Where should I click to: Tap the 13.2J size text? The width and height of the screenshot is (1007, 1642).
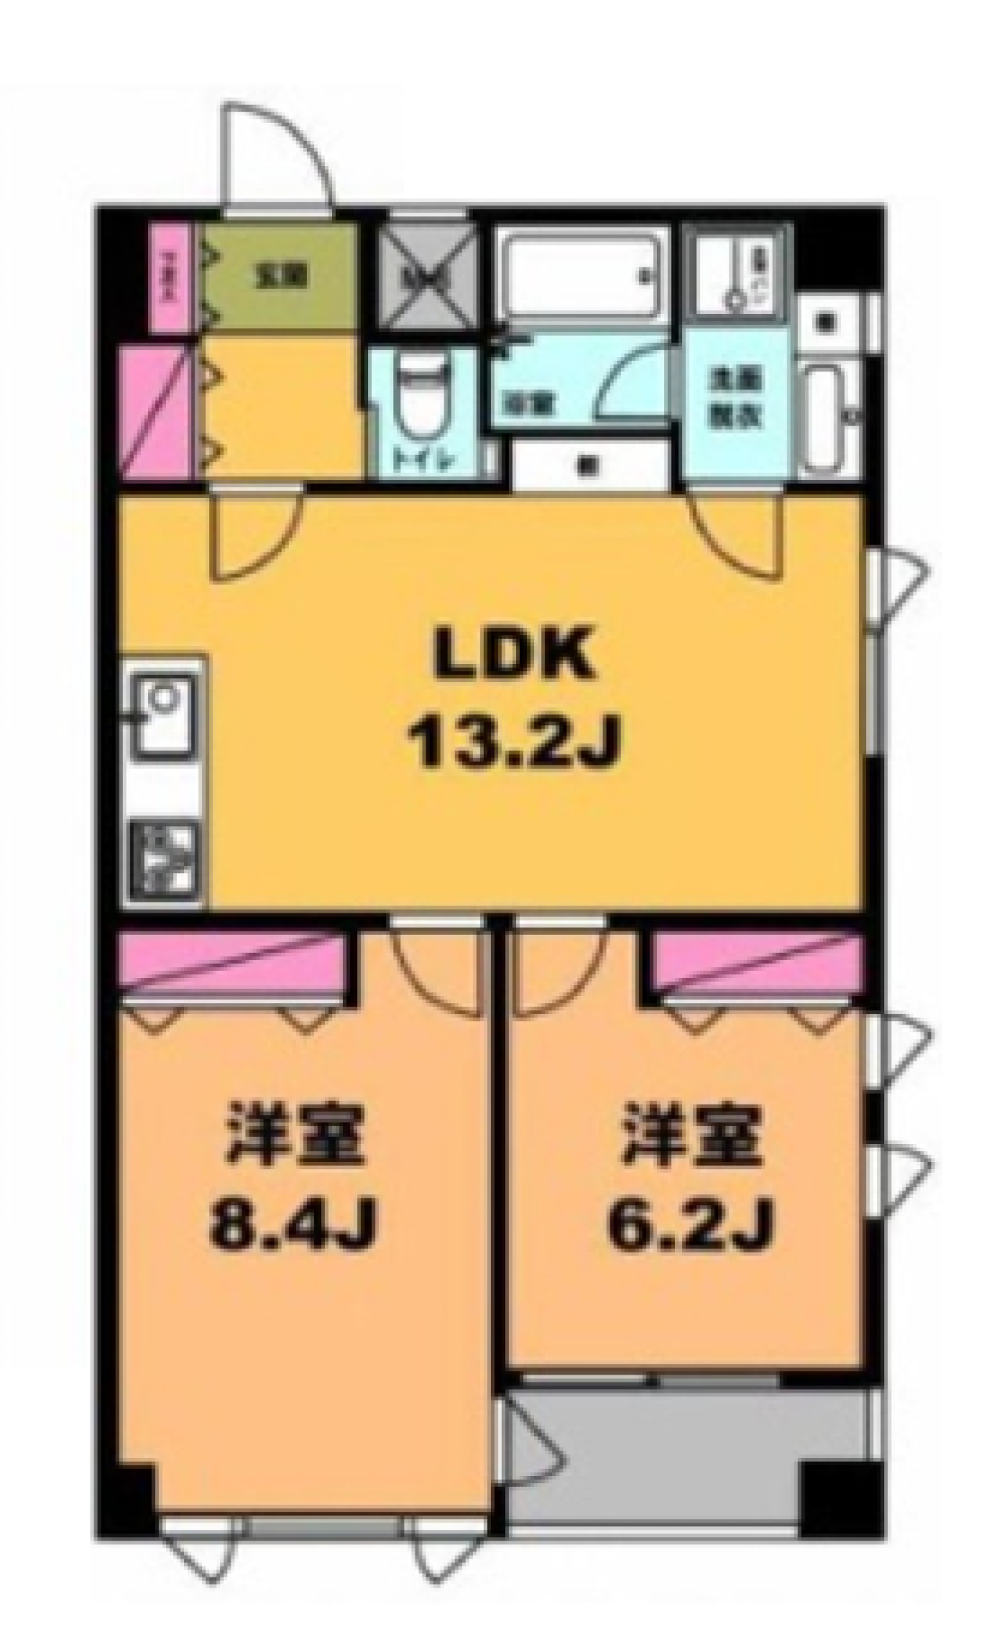pos(512,744)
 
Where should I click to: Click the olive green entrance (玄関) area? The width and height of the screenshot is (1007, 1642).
pos(279,277)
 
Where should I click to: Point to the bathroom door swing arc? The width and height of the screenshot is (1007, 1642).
pos(629,378)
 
